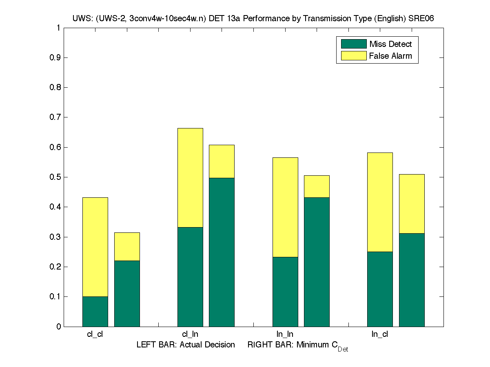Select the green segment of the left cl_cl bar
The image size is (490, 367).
95,312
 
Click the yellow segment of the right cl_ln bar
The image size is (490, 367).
222,161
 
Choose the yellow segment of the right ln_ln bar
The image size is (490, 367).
317,186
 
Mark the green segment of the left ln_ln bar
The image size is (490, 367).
285,292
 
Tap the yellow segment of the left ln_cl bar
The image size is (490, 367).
380,202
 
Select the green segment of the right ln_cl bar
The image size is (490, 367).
412,280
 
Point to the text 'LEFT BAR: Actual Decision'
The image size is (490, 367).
186,345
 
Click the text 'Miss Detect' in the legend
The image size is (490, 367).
390,44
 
